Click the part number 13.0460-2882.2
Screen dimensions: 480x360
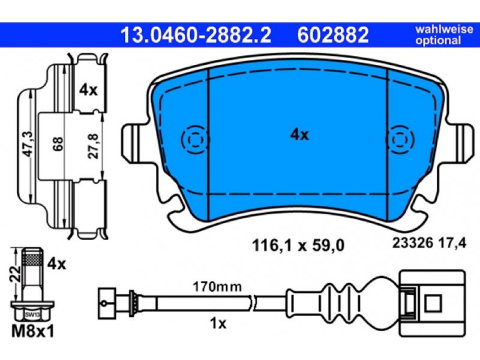(x=196, y=35)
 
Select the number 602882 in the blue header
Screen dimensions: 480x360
(x=333, y=35)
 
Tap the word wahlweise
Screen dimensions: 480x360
(x=444, y=29)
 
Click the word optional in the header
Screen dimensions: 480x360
(x=438, y=40)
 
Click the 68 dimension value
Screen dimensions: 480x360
(x=58, y=144)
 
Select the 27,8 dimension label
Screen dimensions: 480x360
(x=94, y=146)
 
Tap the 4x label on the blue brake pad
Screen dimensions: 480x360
(x=299, y=134)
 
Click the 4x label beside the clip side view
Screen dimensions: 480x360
(x=88, y=90)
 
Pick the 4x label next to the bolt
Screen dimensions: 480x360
(x=56, y=264)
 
